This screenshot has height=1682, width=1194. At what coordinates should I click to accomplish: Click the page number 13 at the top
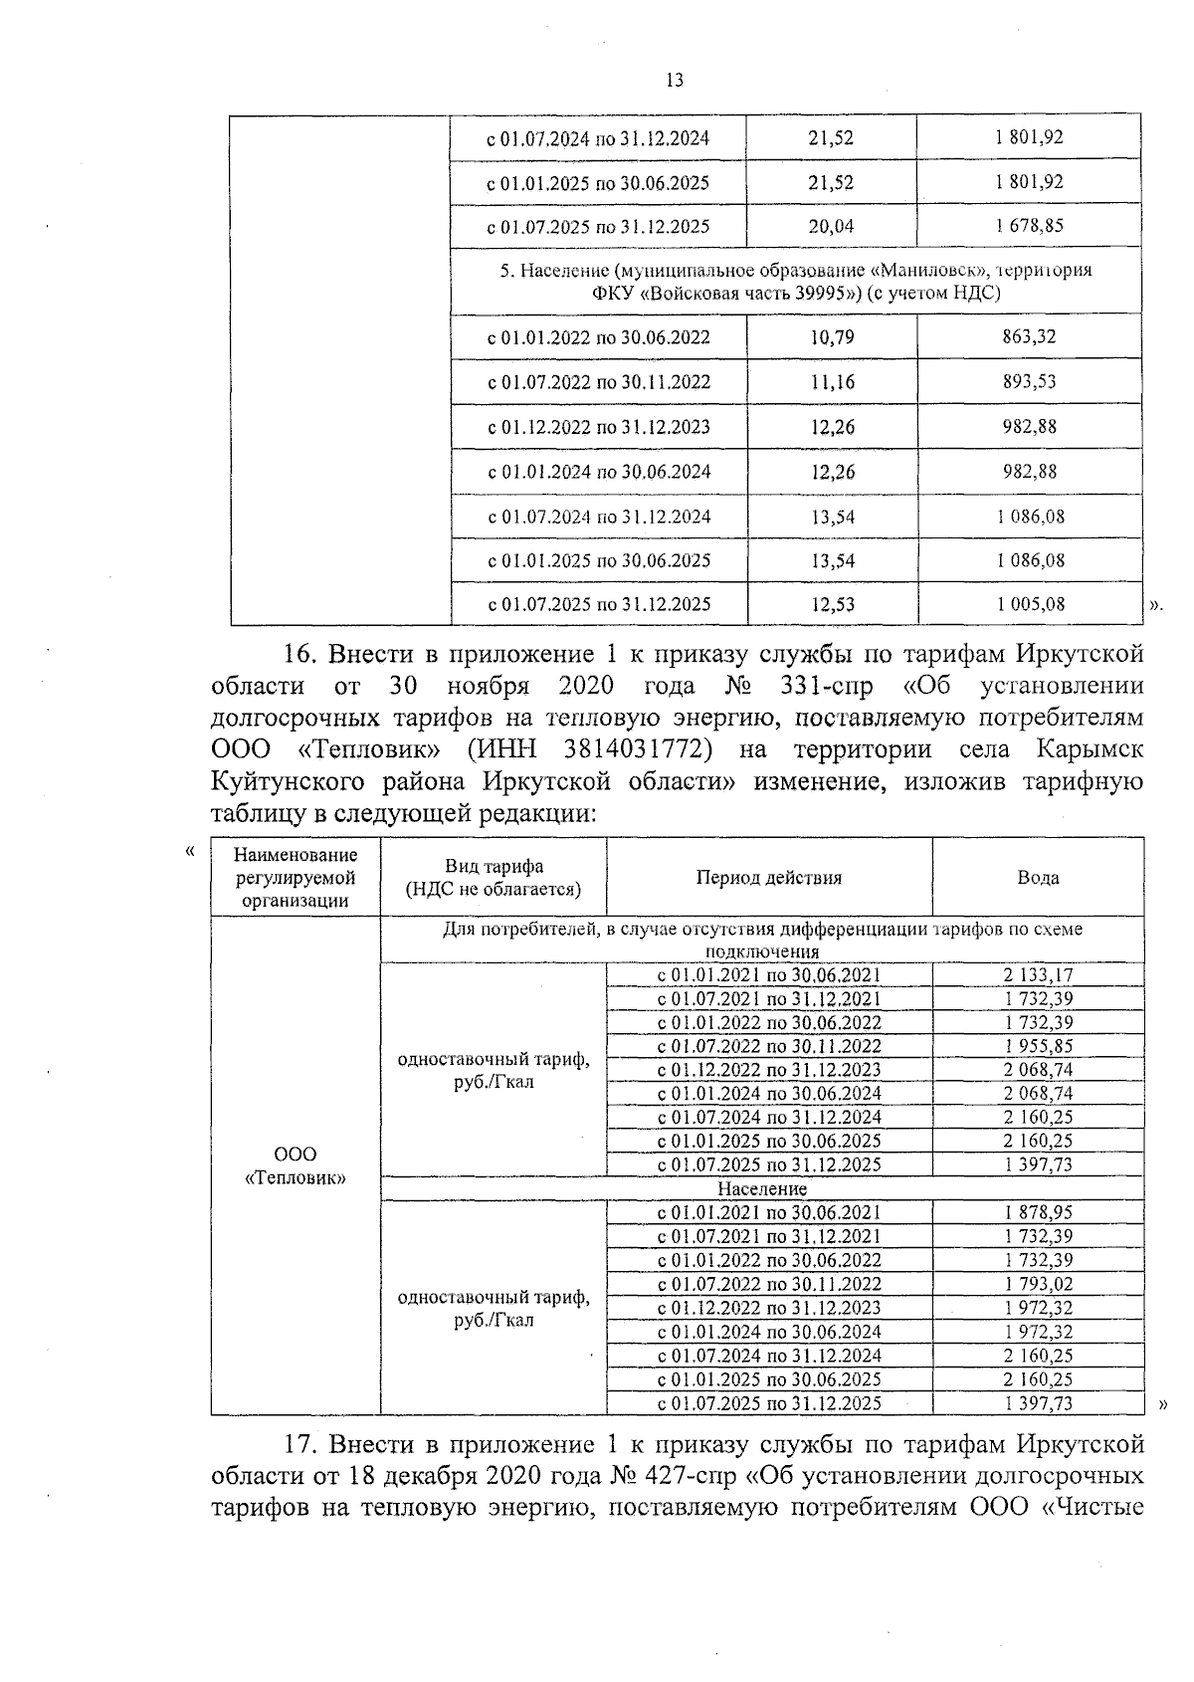674,81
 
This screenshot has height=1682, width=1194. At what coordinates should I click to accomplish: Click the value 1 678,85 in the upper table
1029,226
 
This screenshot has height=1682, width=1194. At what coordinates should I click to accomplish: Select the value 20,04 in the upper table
831,226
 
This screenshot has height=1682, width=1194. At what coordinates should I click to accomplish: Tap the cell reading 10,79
832,336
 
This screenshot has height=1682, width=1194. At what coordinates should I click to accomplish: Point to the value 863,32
1029,336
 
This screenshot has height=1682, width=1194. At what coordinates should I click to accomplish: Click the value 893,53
1029,381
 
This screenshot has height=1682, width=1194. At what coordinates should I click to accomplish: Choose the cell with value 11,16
832,382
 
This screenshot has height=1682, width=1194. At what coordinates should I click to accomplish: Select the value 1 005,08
1030,604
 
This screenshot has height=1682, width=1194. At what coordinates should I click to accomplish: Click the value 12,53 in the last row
832,604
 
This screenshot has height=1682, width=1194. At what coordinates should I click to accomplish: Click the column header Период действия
768,878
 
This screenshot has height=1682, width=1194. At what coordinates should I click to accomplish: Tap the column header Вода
1038,878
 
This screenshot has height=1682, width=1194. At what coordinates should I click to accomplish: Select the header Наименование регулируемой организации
296,878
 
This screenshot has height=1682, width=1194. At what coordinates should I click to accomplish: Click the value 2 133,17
1038,975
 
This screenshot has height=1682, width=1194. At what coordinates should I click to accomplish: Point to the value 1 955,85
1038,1046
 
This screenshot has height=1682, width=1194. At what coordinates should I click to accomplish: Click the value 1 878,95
1038,1212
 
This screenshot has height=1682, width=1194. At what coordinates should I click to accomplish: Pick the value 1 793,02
1038,1284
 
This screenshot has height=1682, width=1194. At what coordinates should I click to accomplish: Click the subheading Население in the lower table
761,1189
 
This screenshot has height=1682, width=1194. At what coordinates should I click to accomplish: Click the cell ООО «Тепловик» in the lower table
296,1165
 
